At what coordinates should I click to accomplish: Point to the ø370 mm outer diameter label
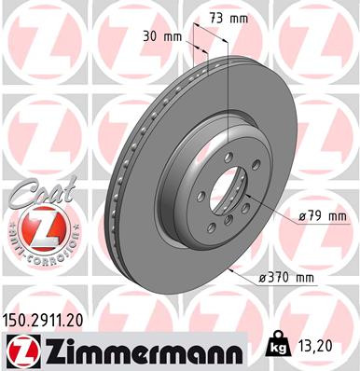click(286, 278)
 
